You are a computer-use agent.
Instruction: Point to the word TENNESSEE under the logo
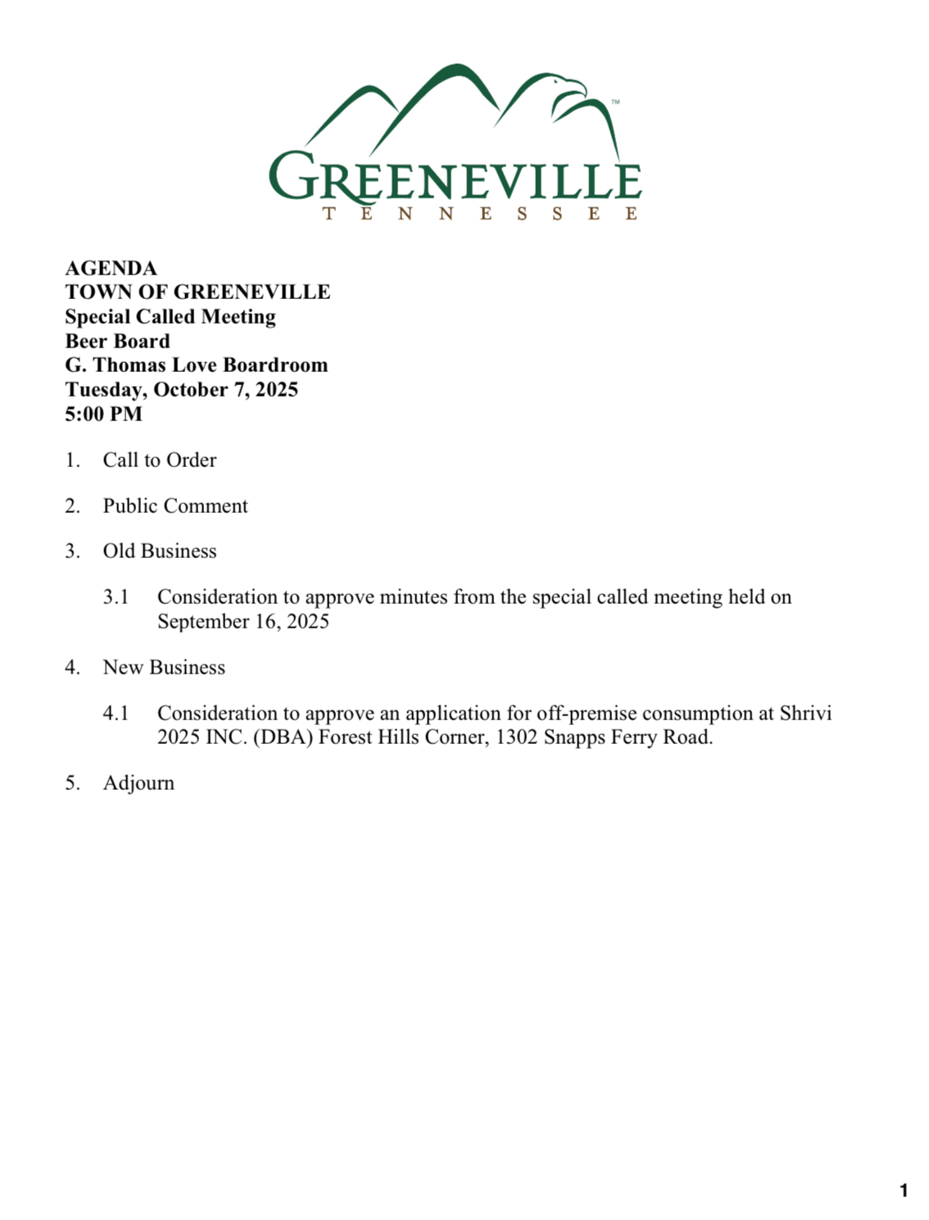click(x=480, y=214)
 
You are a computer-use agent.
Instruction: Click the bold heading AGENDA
click(x=111, y=268)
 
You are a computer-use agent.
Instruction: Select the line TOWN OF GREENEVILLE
click(x=197, y=292)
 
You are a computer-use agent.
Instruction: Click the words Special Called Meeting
click(x=170, y=316)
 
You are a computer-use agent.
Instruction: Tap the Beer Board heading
click(x=117, y=341)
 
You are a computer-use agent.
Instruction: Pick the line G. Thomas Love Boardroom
click(x=197, y=365)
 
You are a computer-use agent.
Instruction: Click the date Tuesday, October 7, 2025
click(x=181, y=389)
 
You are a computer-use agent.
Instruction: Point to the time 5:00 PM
click(x=103, y=414)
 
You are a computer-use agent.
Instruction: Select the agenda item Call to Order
click(x=160, y=460)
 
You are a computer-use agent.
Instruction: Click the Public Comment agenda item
click(x=175, y=506)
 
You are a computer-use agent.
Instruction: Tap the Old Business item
click(x=160, y=551)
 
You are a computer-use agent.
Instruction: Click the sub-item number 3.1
click(x=116, y=596)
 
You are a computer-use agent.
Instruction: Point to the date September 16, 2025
click(x=243, y=621)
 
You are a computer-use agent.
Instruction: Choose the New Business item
click(x=164, y=667)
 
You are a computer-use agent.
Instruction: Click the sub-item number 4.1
click(x=116, y=713)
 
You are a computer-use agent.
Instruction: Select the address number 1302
click(x=516, y=737)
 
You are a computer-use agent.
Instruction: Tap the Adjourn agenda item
click(x=138, y=782)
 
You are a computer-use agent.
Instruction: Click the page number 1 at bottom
click(x=904, y=1191)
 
